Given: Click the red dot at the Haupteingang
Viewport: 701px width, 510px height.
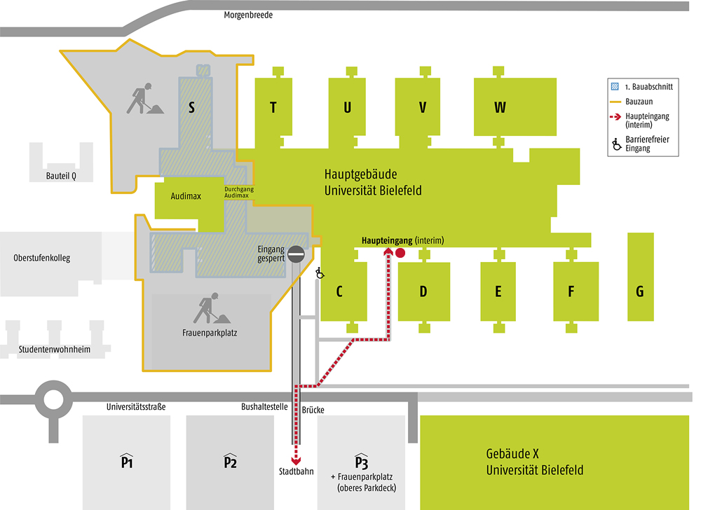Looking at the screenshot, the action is click(x=400, y=253).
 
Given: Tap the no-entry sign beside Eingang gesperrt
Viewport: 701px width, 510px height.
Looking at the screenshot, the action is click(x=296, y=254).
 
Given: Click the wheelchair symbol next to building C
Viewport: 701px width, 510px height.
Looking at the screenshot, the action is click(x=320, y=273).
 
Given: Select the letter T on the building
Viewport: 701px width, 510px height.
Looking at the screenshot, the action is click(x=273, y=108).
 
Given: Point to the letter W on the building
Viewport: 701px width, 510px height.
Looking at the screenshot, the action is click(x=500, y=108).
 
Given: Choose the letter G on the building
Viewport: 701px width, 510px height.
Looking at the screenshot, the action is click(x=640, y=291).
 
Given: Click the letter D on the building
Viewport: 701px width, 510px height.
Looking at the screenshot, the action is click(x=423, y=291).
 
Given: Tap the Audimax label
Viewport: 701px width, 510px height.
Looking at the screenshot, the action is click(x=186, y=196).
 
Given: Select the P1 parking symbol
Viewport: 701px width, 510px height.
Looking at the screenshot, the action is click(x=127, y=460).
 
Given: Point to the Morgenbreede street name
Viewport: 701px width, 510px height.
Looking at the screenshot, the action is click(x=248, y=15).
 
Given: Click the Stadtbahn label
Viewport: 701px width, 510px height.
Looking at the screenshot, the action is click(x=297, y=471).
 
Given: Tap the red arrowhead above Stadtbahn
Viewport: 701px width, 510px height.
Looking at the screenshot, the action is click(x=296, y=461).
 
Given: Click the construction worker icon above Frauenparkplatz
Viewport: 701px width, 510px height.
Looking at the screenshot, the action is click(x=212, y=308).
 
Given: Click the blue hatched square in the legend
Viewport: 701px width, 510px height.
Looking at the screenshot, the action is click(x=615, y=87).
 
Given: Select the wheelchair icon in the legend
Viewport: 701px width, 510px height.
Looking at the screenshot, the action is click(x=616, y=144).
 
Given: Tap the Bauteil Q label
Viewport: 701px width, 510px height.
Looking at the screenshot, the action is click(x=61, y=176).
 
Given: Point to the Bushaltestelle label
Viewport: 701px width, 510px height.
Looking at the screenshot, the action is click(x=265, y=407).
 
